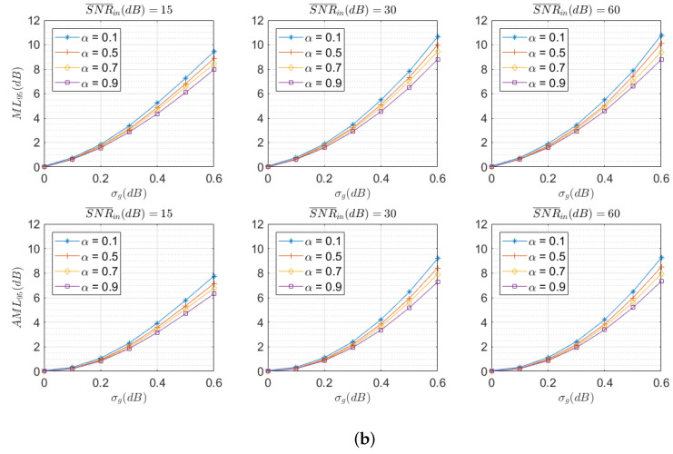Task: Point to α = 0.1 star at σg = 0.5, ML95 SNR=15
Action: pos(160,78)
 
